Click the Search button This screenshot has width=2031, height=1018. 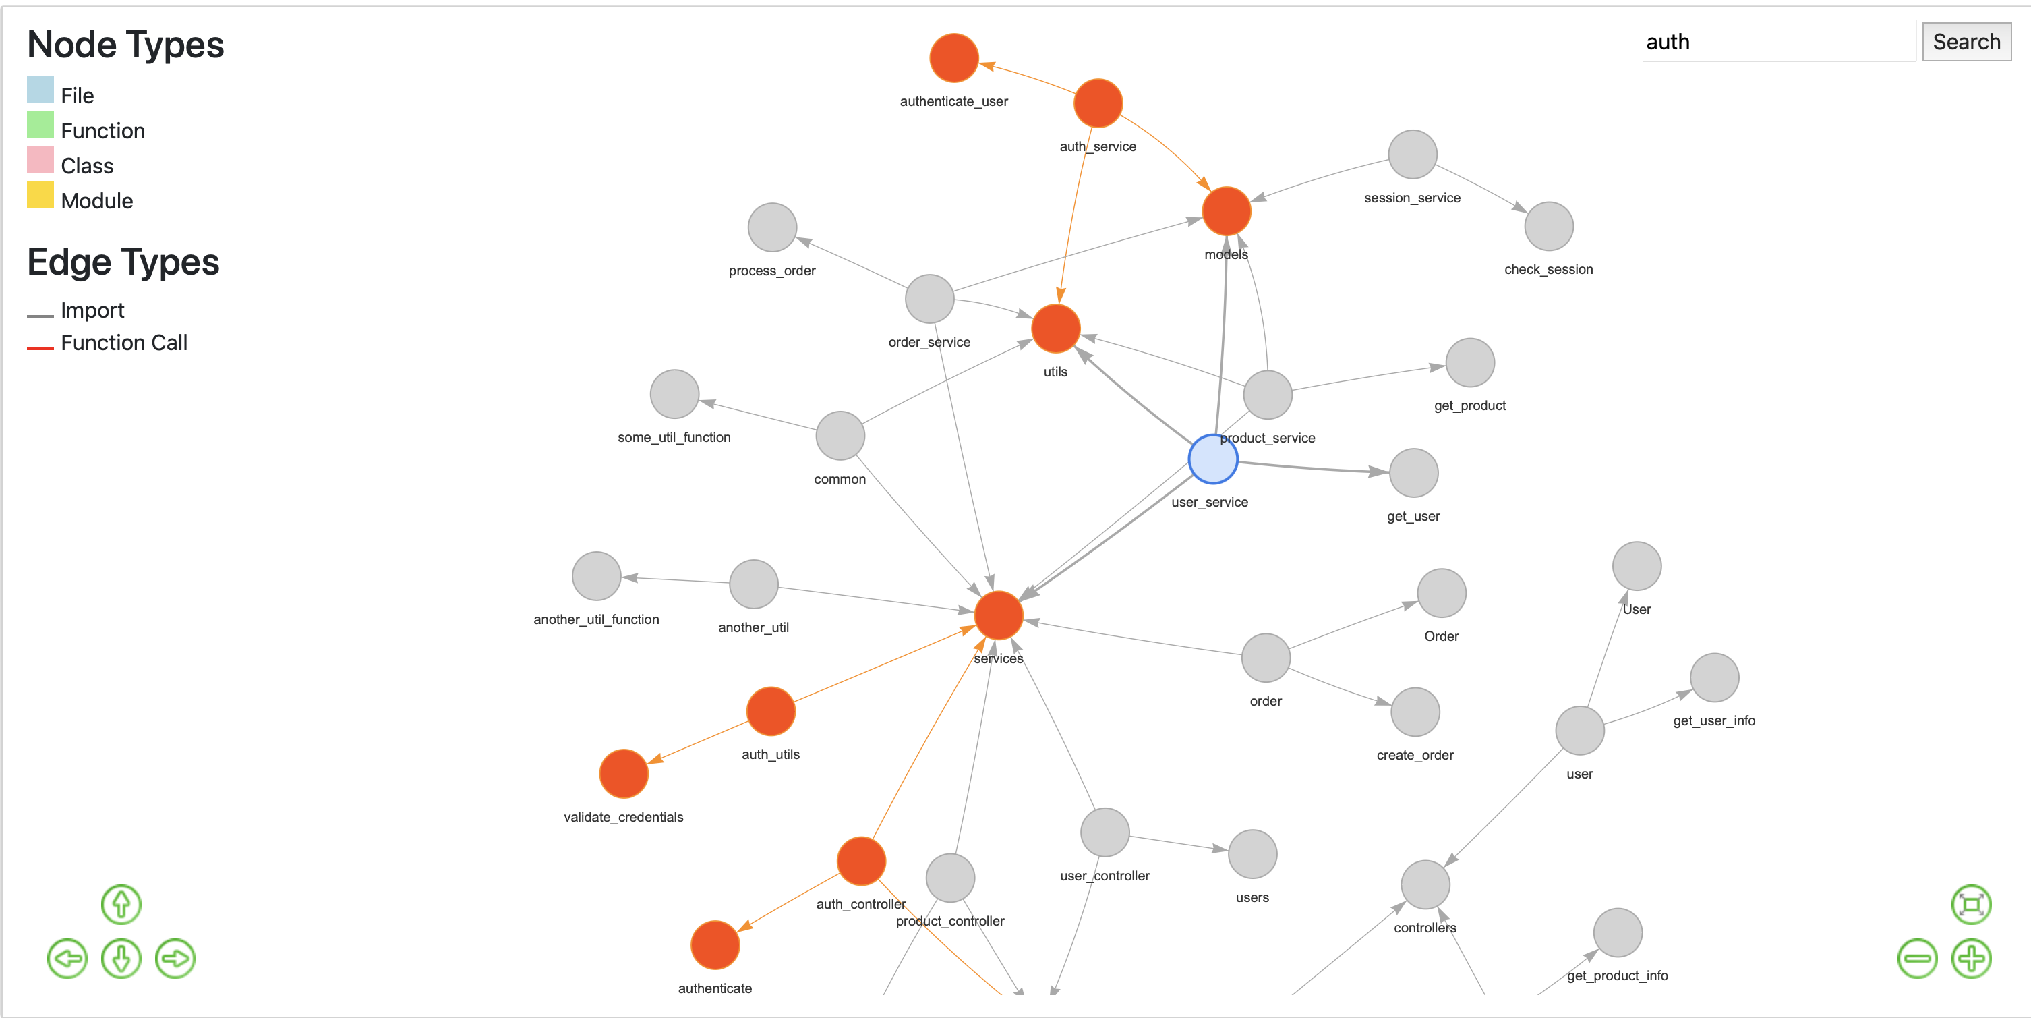click(x=1966, y=42)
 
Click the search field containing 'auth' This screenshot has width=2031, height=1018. click(x=1778, y=42)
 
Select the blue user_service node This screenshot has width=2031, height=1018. click(x=1212, y=459)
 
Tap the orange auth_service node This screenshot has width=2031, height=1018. click(x=1098, y=103)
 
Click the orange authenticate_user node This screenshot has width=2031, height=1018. click(x=954, y=58)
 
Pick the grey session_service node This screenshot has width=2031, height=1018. click(x=1412, y=154)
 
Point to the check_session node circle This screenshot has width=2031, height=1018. click(x=1548, y=226)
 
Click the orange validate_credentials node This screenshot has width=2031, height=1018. click(x=624, y=774)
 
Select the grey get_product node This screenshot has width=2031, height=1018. click(x=1469, y=363)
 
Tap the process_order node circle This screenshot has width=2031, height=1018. click(x=772, y=227)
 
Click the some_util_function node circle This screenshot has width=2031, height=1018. click(x=674, y=394)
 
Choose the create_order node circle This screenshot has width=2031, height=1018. click(x=1415, y=712)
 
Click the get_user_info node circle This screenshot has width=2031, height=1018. click(x=1714, y=677)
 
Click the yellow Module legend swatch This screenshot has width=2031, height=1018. click(x=40, y=196)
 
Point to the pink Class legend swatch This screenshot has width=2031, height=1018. click(x=40, y=161)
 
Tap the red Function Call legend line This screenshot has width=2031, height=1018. click(x=40, y=347)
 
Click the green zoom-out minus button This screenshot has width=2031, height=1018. click(x=1916, y=959)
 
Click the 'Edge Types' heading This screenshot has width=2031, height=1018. click(x=123, y=262)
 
